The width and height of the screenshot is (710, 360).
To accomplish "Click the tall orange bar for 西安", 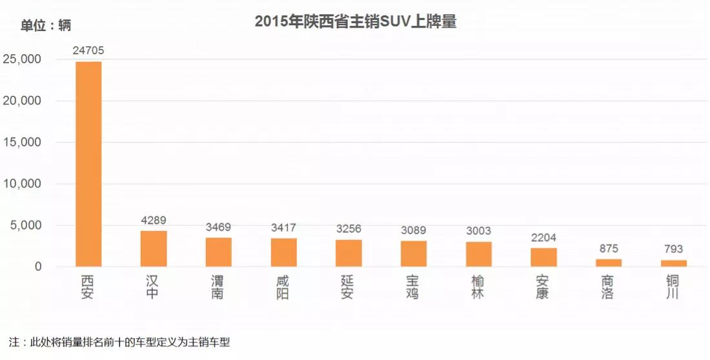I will click(88, 164).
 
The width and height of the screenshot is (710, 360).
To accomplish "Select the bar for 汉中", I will click(154, 249).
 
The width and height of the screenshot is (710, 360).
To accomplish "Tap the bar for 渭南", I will click(218, 252).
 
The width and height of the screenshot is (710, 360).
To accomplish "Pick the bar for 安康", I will click(543, 257).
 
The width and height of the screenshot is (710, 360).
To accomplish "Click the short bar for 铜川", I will click(674, 263).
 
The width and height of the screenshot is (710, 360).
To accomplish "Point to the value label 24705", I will click(88, 50).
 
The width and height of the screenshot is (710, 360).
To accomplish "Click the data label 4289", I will click(154, 220).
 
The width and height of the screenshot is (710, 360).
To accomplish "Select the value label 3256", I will click(349, 229).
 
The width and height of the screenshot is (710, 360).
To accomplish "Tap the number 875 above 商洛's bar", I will click(609, 248).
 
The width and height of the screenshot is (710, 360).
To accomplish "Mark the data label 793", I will click(674, 249).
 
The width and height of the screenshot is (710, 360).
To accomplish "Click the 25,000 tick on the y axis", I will click(23, 59).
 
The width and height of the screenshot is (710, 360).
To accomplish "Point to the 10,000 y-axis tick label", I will click(23, 184).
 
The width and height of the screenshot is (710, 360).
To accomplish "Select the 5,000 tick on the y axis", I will click(26, 225).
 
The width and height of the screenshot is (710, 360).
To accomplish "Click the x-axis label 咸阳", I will click(283, 287).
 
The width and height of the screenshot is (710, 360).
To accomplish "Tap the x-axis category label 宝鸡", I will click(414, 287).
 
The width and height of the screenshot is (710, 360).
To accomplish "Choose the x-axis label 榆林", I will click(478, 287).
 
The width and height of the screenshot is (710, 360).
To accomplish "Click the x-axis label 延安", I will click(349, 287).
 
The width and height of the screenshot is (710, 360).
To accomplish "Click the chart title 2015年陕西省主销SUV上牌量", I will click(356, 21).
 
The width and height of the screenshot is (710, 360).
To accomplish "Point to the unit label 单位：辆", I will click(46, 26).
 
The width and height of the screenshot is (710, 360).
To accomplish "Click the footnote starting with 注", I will click(120, 342).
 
